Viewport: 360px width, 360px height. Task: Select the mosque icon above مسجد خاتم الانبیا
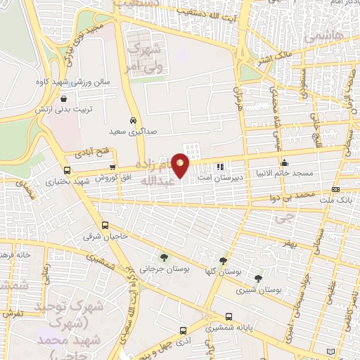click(304, 165)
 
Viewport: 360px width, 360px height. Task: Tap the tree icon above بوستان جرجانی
click(164, 258)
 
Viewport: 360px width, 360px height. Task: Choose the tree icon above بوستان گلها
click(224, 261)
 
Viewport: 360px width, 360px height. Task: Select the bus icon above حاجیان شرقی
click(105, 226)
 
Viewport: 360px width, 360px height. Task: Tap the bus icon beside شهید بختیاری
click(67, 170)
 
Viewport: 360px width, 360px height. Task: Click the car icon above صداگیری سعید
click(133, 120)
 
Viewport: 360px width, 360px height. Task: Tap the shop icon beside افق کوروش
click(112, 166)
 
